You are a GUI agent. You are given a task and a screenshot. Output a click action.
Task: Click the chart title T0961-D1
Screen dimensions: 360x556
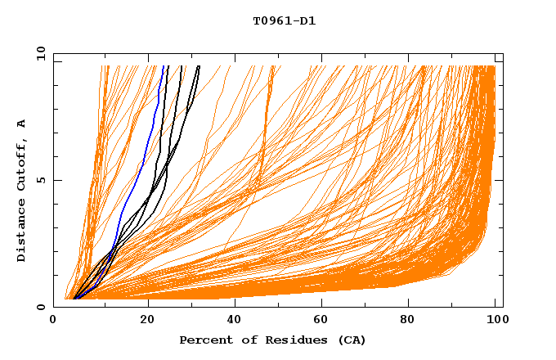284,21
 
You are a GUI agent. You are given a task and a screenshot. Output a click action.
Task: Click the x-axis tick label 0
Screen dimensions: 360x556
53,321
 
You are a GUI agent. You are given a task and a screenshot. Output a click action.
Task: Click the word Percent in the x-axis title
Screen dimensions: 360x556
204,340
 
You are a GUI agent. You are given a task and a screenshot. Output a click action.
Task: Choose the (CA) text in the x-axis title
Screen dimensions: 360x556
349,340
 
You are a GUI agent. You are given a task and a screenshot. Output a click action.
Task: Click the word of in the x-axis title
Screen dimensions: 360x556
254,340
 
